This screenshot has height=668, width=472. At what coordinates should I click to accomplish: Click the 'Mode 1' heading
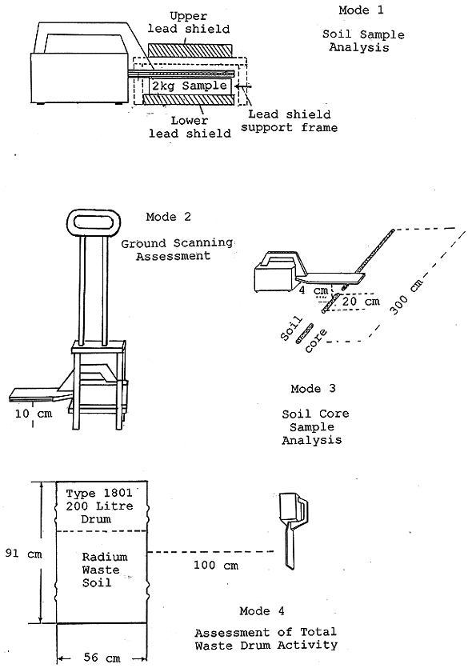click(x=361, y=10)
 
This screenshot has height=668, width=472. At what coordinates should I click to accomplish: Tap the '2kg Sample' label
click(x=190, y=86)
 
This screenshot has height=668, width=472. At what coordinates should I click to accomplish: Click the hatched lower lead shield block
click(x=190, y=100)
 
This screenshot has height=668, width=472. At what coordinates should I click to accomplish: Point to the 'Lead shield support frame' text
click(x=290, y=121)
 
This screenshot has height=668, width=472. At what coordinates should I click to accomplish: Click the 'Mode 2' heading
click(x=168, y=217)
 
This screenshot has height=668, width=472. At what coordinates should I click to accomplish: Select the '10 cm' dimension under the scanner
click(x=34, y=414)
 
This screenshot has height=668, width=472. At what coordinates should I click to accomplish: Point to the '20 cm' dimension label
click(x=360, y=302)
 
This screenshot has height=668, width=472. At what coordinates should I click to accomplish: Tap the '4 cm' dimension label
click(x=314, y=291)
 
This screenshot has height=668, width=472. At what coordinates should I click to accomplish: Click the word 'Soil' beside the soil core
click(x=291, y=329)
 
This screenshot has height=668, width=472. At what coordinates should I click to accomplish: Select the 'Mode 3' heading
click(x=313, y=389)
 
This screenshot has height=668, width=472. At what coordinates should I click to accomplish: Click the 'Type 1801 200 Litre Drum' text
click(x=100, y=506)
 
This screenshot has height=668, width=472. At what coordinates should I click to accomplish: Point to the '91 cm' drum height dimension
click(x=23, y=554)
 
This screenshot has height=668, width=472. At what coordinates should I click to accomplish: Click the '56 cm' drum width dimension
click(x=102, y=658)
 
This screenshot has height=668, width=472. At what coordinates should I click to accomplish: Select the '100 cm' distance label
click(x=216, y=566)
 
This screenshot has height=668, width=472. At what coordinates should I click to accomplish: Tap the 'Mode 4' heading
click(x=262, y=611)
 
